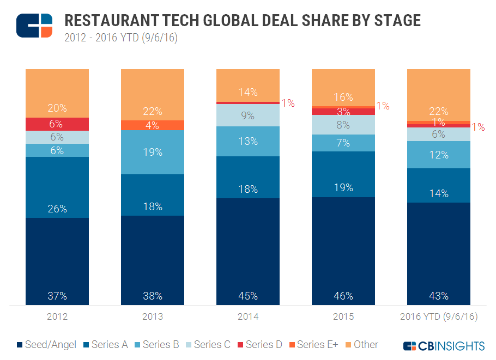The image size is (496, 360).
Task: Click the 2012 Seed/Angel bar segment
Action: click(x=57, y=261)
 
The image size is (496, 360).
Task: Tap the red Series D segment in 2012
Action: click(x=57, y=124)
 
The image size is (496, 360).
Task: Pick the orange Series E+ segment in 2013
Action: click(x=153, y=125)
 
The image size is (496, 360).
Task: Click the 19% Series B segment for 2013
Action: click(x=153, y=152)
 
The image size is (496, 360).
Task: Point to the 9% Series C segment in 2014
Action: click(x=248, y=115)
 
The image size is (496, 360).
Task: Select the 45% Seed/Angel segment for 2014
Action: click(x=248, y=251)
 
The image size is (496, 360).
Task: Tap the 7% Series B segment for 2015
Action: click(x=343, y=143)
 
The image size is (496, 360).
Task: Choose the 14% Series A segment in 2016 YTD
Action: click(x=439, y=185)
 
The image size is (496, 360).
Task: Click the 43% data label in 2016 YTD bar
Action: click(x=439, y=296)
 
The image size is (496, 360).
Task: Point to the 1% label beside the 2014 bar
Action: click(x=287, y=103)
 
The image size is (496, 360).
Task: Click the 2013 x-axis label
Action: click(x=153, y=316)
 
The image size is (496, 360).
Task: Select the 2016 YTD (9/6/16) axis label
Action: click(x=439, y=316)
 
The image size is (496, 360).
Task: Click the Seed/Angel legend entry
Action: click(x=50, y=344)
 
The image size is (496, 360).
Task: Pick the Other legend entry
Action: click(x=360, y=344)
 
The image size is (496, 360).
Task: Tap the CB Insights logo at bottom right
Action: click(x=444, y=345)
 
